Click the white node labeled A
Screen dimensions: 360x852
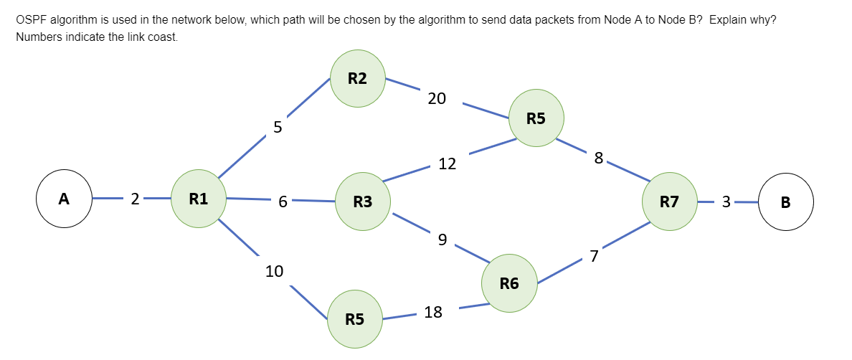(x=65, y=199)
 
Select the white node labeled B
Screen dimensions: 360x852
(x=785, y=202)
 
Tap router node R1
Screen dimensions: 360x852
(x=199, y=199)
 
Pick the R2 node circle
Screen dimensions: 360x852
(x=357, y=79)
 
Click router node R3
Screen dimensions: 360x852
(x=363, y=202)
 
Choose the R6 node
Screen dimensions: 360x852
(x=509, y=283)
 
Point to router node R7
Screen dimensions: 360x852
(x=669, y=202)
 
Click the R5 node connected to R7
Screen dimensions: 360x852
(x=536, y=118)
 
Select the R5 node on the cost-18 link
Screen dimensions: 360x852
(x=354, y=318)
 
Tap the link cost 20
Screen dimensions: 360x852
(x=437, y=99)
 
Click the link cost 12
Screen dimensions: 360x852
(x=447, y=164)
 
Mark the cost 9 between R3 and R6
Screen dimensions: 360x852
(x=442, y=240)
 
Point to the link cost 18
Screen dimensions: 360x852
(x=433, y=312)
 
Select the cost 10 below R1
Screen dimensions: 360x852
(x=274, y=271)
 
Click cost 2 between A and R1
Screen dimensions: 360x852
(x=135, y=199)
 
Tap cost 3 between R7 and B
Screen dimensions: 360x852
(x=726, y=202)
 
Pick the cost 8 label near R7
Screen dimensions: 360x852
(x=599, y=158)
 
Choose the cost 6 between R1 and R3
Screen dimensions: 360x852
(x=283, y=202)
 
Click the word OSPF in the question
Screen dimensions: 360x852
(x=30, y=19)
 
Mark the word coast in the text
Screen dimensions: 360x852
(x=162, y=37)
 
